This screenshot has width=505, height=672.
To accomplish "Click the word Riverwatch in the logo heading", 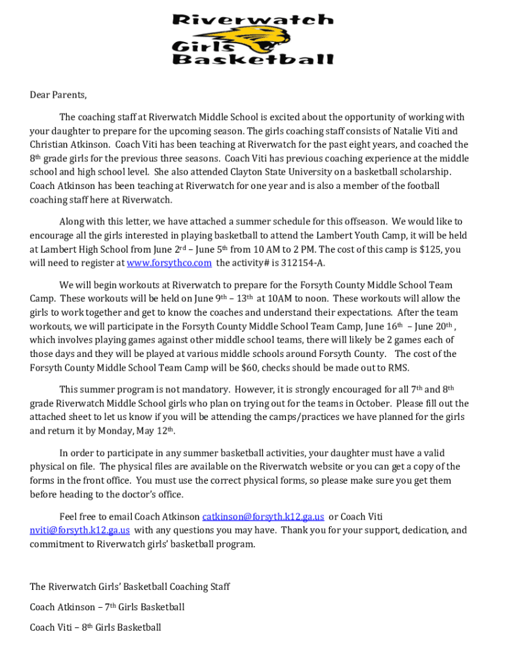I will click(253, 20).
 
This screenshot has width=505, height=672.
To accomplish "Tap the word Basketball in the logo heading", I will click(253, 59).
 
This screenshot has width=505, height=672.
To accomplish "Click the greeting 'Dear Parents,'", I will click(58, 94).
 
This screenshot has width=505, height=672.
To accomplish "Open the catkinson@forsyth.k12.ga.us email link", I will click(263, 516).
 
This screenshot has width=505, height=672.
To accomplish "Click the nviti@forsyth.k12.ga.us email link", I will click(79, 530).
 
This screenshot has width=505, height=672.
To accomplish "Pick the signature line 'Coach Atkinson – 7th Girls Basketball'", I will click(107, 607).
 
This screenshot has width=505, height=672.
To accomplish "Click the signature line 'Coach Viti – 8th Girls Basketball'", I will click(95, 627).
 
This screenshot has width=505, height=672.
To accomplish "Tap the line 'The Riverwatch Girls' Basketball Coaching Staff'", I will click(130, 587).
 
